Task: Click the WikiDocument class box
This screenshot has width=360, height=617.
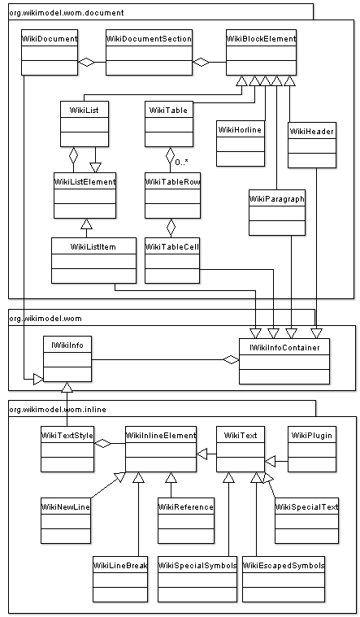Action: point(50,52)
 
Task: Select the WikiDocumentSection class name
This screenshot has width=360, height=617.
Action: point(149,39)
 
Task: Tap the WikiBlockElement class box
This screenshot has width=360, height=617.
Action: point(261,52)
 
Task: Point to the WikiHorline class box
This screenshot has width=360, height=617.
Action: point(240,143)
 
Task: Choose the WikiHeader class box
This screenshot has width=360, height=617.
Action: point(312,146)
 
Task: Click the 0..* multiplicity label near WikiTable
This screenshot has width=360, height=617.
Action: point(181,163)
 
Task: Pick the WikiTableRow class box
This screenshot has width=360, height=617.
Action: point(173,195)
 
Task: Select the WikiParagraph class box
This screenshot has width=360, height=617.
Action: point(277,212)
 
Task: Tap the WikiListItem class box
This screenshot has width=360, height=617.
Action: point(93,260)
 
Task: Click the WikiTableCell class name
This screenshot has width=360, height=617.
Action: point(172,247)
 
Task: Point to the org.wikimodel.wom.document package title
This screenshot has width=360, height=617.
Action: point(67,13)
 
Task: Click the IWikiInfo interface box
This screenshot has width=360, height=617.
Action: point(67,358)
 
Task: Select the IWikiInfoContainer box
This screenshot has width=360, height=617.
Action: point(284,361)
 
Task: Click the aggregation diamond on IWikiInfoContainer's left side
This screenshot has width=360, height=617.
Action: point(231,359)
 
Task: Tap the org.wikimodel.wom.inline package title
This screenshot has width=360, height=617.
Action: point(58,410)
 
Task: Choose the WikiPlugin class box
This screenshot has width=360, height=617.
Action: point(312,449)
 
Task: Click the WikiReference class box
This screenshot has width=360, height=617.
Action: point(186,520)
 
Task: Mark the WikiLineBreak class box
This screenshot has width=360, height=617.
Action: point(120,579)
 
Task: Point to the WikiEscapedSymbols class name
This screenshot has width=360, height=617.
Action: point(284,566)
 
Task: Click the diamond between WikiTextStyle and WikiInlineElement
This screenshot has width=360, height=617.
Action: point(102,444)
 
